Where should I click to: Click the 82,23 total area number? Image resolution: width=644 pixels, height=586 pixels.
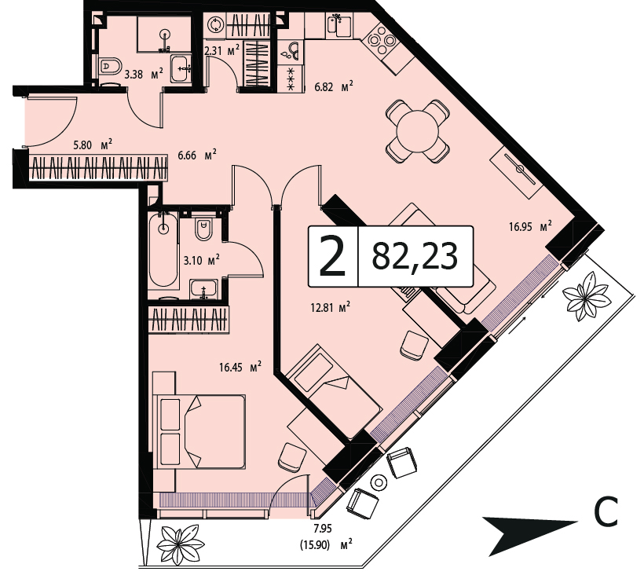(x=415, y=256)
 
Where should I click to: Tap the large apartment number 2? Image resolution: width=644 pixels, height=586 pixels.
(x=332, y=256)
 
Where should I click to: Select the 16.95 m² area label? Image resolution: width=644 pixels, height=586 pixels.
(x=530, y=226)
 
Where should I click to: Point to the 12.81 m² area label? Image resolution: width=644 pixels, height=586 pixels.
(x=330, y=307)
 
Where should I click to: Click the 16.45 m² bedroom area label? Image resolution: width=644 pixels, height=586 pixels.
(x=240, y=367)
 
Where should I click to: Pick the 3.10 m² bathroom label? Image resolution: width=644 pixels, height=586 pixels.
(x=201, y=260)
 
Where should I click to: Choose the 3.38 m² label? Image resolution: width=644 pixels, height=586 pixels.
(x=144, y=75)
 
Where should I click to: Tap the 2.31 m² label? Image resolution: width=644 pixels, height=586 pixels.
(x=221, y=50)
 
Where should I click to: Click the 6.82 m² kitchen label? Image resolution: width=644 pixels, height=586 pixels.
(x=334, y=87)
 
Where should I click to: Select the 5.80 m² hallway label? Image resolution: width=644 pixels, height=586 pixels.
(x=93, y=145)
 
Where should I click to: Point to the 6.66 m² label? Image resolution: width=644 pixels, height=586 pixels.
(x=197, y=155)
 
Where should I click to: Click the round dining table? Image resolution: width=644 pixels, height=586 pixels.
(x=417, y=132)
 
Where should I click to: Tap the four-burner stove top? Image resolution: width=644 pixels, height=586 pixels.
(x=382, y=40)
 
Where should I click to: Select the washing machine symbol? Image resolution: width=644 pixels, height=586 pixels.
(x=215, y=26)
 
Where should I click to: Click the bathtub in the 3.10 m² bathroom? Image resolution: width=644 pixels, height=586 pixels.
(x=163, y=250)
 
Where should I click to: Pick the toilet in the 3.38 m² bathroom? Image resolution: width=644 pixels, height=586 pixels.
(x=111, y=66)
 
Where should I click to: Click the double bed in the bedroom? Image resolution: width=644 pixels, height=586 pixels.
(x=199, y=431)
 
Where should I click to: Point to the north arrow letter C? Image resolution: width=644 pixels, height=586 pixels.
(x=606, y=512)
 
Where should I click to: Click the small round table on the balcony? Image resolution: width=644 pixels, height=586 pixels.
(x=379, y=482)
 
